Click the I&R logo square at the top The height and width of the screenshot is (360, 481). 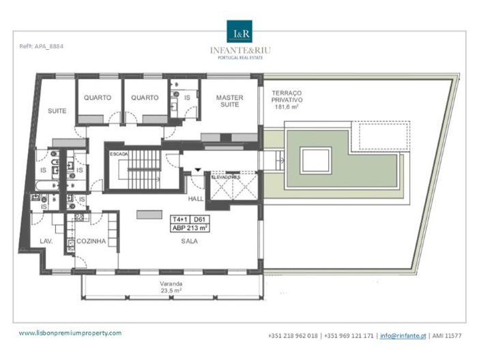[239, 32]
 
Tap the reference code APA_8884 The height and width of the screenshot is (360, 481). [43, 46]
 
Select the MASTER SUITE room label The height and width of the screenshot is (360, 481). [229, 102]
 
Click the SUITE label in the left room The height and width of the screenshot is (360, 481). [57, 110]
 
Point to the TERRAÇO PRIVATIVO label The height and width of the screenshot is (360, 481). [293, 97]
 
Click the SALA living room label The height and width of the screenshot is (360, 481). [190, 241]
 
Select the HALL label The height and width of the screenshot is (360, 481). [196, 199]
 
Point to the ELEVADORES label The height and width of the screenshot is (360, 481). [226, 177]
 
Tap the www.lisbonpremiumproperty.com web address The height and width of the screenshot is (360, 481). [70, 333]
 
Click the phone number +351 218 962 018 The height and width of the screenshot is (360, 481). [294, 335]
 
